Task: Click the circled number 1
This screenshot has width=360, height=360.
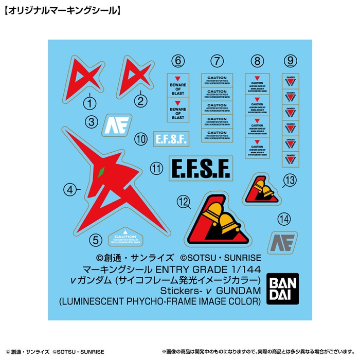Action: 91,103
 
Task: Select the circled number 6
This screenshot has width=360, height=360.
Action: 178,62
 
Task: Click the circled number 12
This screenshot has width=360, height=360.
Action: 183,203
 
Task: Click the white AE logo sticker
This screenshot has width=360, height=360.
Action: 118,124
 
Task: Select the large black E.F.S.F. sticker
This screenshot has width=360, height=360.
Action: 200,168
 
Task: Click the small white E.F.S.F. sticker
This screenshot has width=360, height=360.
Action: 171,138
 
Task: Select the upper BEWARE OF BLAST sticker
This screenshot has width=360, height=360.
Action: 178,86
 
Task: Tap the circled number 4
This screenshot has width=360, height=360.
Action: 69,190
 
